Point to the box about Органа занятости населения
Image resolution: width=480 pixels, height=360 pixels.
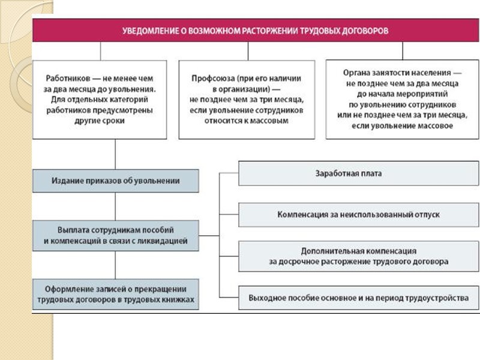(402, 99)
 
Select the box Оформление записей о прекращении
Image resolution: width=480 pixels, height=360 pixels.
(116, 294)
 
